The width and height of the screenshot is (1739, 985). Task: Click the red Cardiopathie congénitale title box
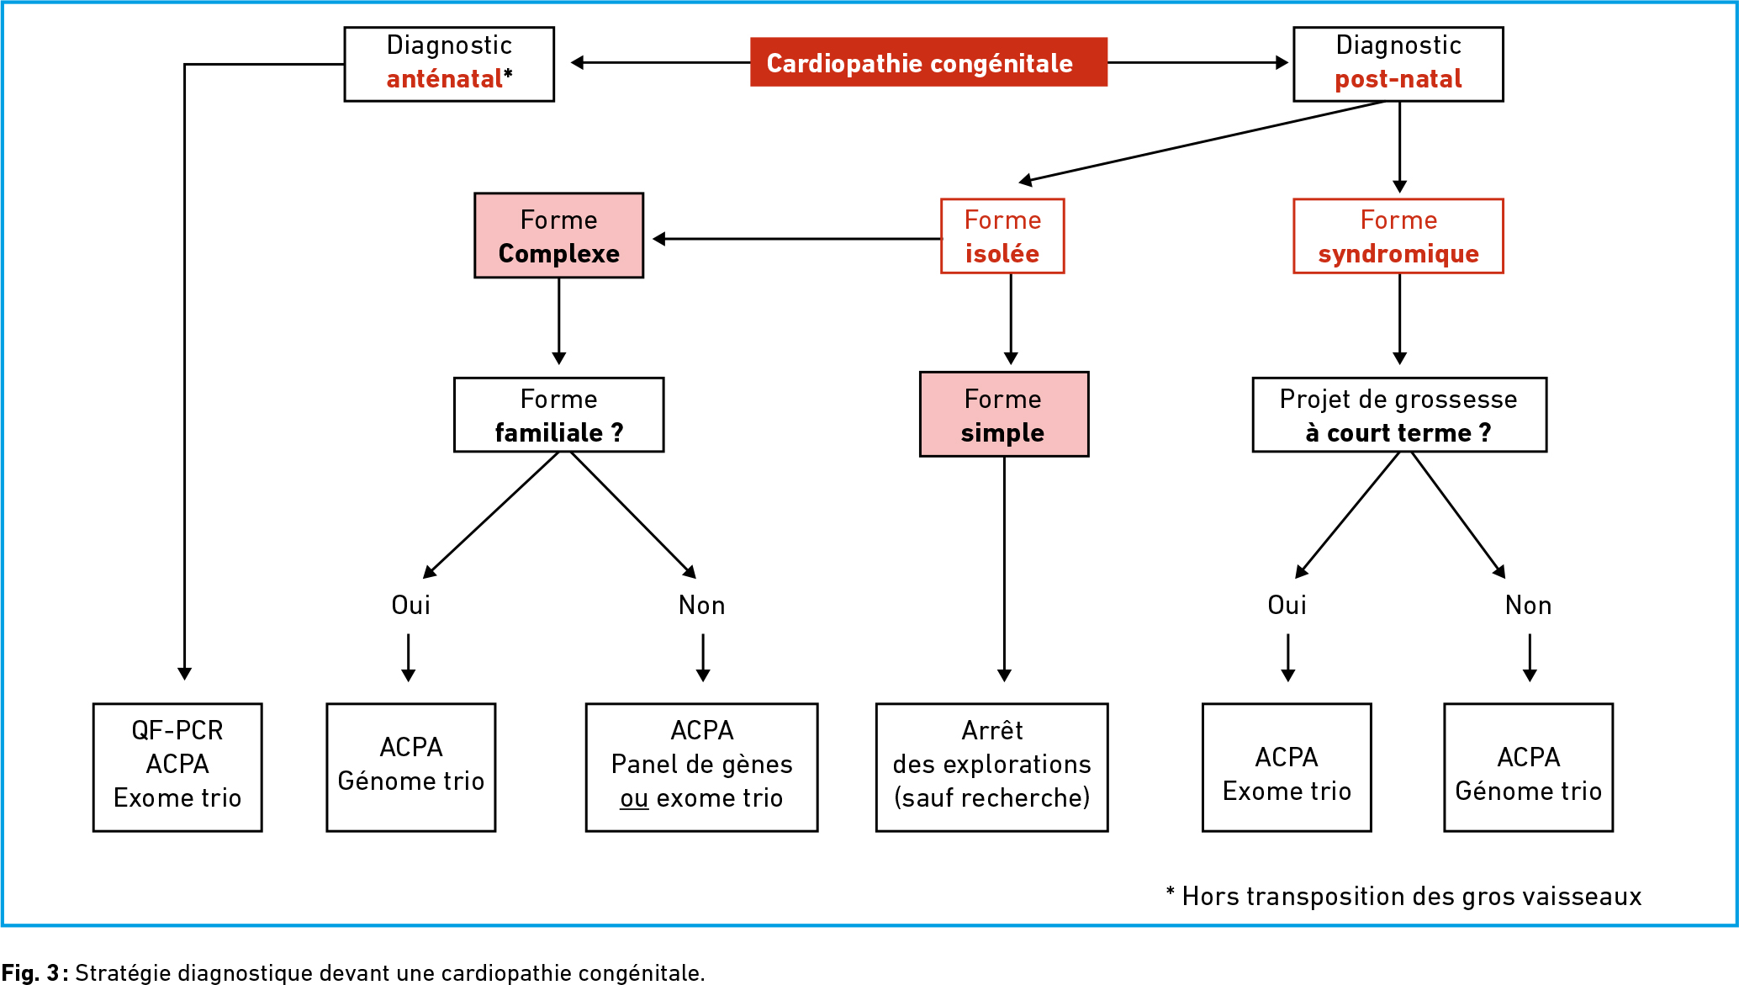click(928, 62)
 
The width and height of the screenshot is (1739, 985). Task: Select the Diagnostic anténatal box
click(449, 64)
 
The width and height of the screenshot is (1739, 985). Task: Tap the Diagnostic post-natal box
click(1398, 64)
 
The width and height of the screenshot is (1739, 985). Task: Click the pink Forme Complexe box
click(559, 236)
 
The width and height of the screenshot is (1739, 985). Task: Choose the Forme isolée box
click(1002, 236)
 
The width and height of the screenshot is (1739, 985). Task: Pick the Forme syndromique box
click(1398, 236)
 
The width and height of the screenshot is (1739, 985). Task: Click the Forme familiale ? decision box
click(559, 415)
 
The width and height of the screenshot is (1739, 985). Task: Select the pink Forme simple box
click(1004, 414)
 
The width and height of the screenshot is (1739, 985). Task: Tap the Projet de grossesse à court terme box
click(1399, 415)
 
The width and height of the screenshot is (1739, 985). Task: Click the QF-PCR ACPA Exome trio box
click(177, 767)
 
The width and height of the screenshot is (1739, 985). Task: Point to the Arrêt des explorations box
click(992, 767)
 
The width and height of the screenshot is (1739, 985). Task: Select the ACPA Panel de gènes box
click(701, 767)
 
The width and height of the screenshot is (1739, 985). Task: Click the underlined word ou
click(634, 798)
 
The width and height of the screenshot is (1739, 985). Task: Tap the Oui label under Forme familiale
click(411, 605)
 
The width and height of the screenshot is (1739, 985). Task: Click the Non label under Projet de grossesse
click(1529, 605)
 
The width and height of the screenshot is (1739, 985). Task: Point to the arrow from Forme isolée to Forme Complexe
click(797, 239)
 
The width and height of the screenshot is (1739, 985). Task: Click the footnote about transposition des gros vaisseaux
click(1403, 897)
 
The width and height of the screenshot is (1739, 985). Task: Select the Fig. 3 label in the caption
click(31, 973)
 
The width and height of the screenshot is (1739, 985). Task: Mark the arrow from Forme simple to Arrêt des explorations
click(1004, 569)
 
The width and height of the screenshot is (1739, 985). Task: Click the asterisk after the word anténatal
click(508, 76)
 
